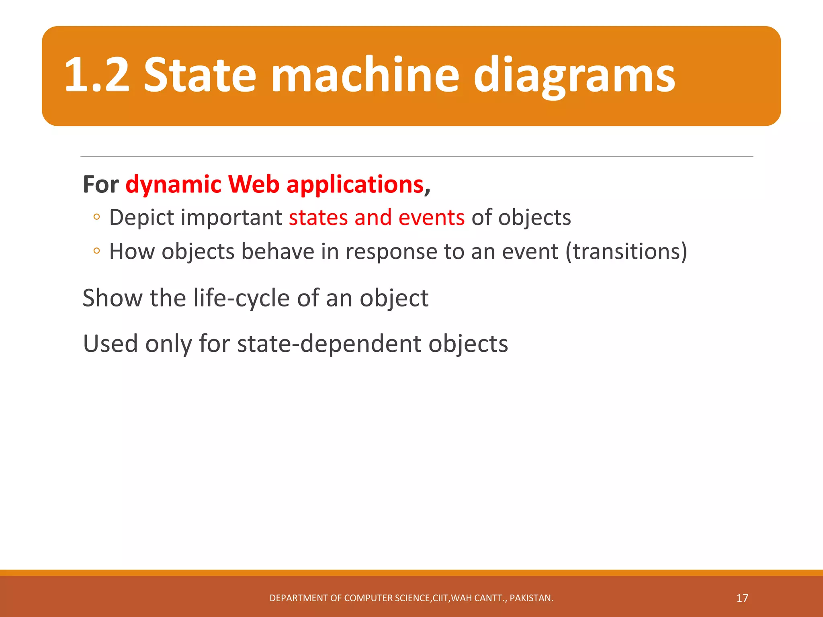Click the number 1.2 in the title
point(97,75)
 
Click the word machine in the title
point(365,75)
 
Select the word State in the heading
point(200,75)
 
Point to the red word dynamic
point(174,185)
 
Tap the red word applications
point(355,185)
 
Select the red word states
point(318,218)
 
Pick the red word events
point(431,218)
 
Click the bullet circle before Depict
point(96,217)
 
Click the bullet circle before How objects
point(96,251)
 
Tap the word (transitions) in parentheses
point(626,251)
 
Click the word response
point(391,252)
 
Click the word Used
point(111,344)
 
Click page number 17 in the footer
point(742,598)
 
